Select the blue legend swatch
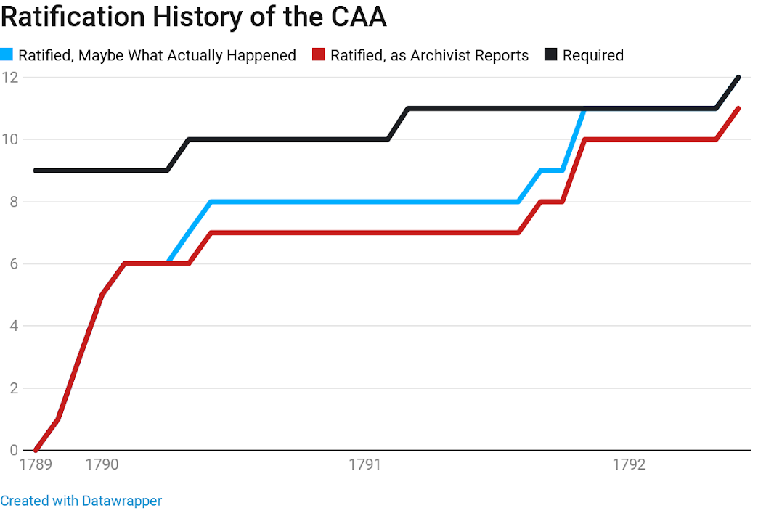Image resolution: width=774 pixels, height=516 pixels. [x=7, y=54]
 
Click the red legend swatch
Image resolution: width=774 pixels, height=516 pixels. [x=319, y=54]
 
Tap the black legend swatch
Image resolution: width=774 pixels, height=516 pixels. [x=551, y=54]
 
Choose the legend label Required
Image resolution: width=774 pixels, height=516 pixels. [x=592, y=55]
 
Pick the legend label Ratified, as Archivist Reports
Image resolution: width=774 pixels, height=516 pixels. [x=429, y=55]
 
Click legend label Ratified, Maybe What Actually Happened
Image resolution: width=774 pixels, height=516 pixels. [x=157, y=55]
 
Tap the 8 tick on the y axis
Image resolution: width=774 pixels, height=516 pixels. [x=12, y=202]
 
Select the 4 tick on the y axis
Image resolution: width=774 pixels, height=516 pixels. [x=12, y=326]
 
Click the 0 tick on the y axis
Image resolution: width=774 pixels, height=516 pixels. [x=12, y=450]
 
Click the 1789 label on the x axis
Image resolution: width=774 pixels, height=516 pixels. [x=36, y=464]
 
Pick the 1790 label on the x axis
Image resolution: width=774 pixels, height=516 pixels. [x=102, y=464]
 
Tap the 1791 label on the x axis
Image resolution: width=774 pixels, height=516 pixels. [x=366, y=464]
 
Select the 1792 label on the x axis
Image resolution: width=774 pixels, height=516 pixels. [x=629, y=464]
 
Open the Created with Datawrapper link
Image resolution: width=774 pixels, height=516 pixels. [x=81, y=501]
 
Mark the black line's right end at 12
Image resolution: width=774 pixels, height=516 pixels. [x=738, y=77]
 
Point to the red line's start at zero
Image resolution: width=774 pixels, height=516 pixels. [x=36, y=450]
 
